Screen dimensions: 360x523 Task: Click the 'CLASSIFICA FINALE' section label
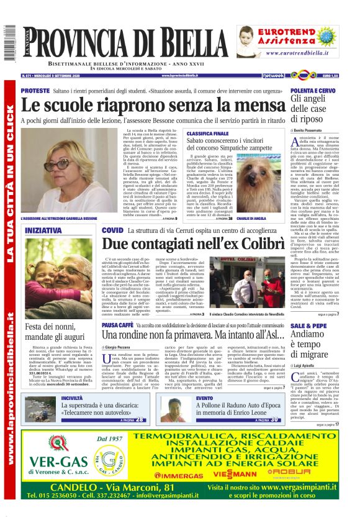(x=208, y=134)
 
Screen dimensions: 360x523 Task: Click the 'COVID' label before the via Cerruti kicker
(x=112, y=230)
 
